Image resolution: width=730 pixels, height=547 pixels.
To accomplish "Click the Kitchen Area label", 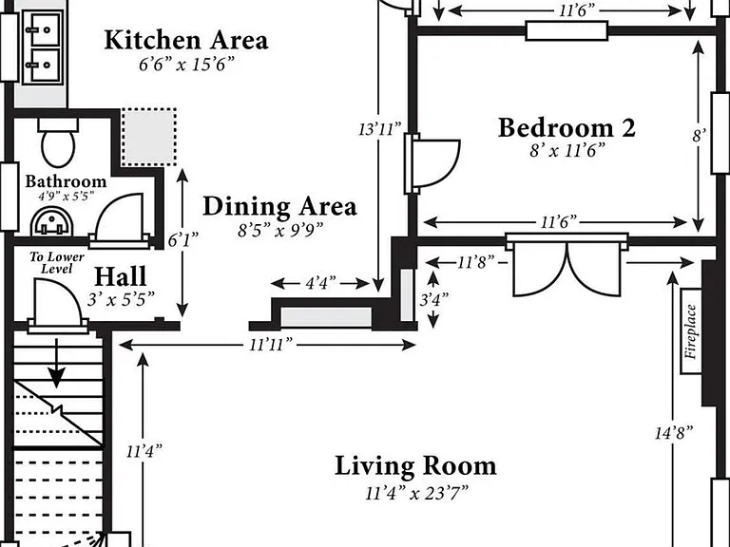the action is (x=186, y=40).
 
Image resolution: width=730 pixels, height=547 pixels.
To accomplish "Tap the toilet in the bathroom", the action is (x=58, y=142).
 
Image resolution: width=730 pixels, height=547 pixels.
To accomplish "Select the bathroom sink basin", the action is (x=52, y=221).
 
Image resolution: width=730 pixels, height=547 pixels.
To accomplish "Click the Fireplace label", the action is (x=691, y=331).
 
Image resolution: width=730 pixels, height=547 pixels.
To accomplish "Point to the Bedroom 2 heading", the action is (x=567, y=128).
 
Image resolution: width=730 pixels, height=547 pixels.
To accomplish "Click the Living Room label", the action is (x=415, y=466).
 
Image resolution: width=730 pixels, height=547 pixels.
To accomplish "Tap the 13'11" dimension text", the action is (x=380, y=129).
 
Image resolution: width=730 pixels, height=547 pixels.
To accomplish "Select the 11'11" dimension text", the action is (x=271, y=345).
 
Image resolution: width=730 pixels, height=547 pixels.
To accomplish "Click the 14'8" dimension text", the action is (x=674, y=433).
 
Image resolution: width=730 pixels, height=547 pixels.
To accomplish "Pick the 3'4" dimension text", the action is (x=433, y=299).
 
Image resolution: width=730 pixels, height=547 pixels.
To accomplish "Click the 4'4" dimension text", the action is (x=320, y=283).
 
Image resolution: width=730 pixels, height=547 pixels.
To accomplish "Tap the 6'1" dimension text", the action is (x=182, y=240).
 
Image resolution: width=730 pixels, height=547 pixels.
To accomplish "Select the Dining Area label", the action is (x=279, y=206).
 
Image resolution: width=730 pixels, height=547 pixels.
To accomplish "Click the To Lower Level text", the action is (x=57, y=263).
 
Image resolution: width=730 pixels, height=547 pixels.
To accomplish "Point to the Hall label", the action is (x=121, y=276).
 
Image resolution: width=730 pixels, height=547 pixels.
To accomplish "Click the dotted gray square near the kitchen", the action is (x=149, y=137).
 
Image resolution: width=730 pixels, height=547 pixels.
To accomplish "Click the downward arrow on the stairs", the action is (x=57, y=364).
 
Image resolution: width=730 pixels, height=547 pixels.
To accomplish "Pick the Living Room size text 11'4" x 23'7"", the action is (x=416, y=493).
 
